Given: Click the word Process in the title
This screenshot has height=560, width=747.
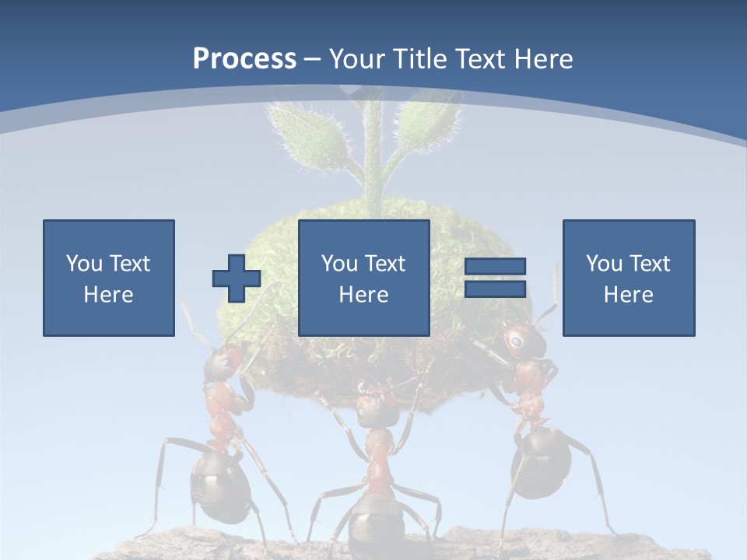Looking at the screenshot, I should pyautogui.click(x=244, y=59).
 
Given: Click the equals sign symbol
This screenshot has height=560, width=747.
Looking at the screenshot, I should pyautogui.click(x=495, y=278).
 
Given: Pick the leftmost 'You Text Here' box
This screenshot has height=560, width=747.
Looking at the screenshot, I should pyautogui.click(x=109, y=278).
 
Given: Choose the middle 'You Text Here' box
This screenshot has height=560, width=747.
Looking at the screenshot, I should pyautogui.click(x=364, y=278).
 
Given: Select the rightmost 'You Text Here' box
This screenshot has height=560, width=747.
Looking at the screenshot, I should pyautogui.click(x=629, y=278).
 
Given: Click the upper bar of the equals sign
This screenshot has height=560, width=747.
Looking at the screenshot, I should pyautogui.click(x=495, y=267).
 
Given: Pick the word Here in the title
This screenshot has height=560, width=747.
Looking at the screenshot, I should pyautogui.click(x=542, y=59).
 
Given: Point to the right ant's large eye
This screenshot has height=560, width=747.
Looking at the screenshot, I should pyautogui.click(x=515, y=340).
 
